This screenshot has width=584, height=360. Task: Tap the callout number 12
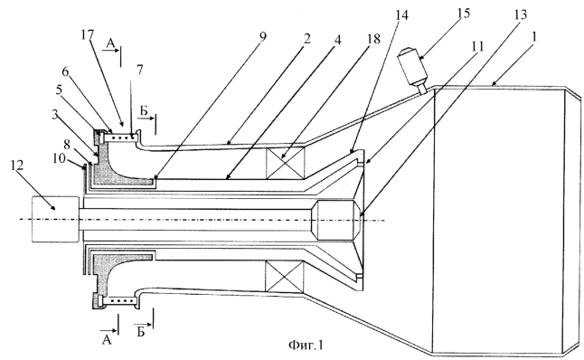(x=17, y=165)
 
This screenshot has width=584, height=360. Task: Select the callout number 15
(x=463, y=14)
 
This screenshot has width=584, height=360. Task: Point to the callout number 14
(x=401, y=14)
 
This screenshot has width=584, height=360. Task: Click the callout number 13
(x=520, y=14)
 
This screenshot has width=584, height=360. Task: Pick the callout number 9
(x=262, y=37)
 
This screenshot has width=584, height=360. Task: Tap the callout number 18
(x=372, y=39)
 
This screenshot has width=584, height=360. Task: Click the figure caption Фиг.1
(x=306, y=346)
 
